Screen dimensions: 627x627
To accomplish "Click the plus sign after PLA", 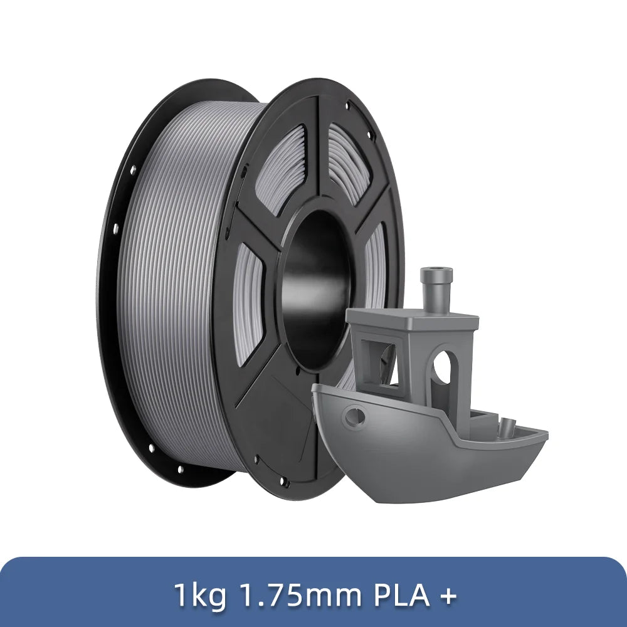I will click(x=447, y=596).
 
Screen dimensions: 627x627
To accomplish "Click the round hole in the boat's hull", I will click(x=357, y=413).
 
